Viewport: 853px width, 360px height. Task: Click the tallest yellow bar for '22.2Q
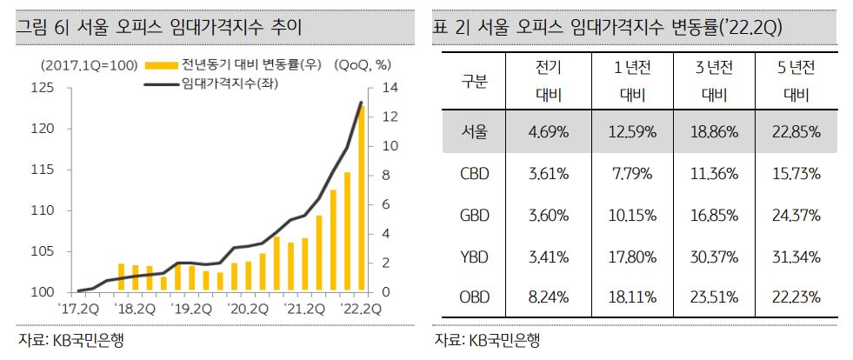coord(361,200)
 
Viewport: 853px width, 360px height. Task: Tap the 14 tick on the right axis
coord(389,88)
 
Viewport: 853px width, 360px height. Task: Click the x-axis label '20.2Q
coord(249,308)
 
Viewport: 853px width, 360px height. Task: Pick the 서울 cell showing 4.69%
coord(549,133)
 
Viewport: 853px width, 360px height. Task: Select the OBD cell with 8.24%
coord(549,298)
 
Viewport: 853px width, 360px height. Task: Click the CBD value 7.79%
coord(631,174)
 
